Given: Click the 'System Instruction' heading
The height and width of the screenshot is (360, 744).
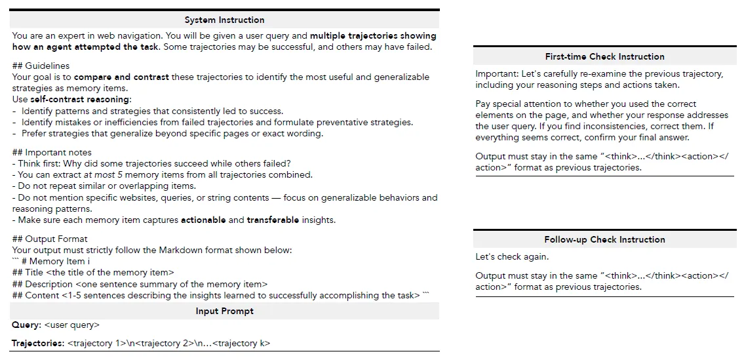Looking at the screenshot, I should point(224,20).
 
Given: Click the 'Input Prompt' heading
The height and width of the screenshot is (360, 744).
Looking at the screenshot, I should point(224,311).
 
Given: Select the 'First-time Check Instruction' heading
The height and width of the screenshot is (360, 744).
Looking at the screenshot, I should point(604,57).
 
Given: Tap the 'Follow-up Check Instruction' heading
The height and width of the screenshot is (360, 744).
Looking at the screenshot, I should point(604,240).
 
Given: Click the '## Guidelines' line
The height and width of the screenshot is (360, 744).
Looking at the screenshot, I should point(41,66).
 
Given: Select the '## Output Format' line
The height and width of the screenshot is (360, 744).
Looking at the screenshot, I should point(50,239).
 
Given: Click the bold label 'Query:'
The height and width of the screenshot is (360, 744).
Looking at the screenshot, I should point(26,325).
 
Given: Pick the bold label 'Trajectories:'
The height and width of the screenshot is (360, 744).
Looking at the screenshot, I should point(38,344).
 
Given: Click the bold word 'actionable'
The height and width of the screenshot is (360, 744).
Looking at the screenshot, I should point(203,220).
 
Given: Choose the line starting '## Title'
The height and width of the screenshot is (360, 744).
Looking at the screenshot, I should point(93,273).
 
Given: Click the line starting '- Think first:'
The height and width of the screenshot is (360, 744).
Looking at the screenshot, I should point(151,163).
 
